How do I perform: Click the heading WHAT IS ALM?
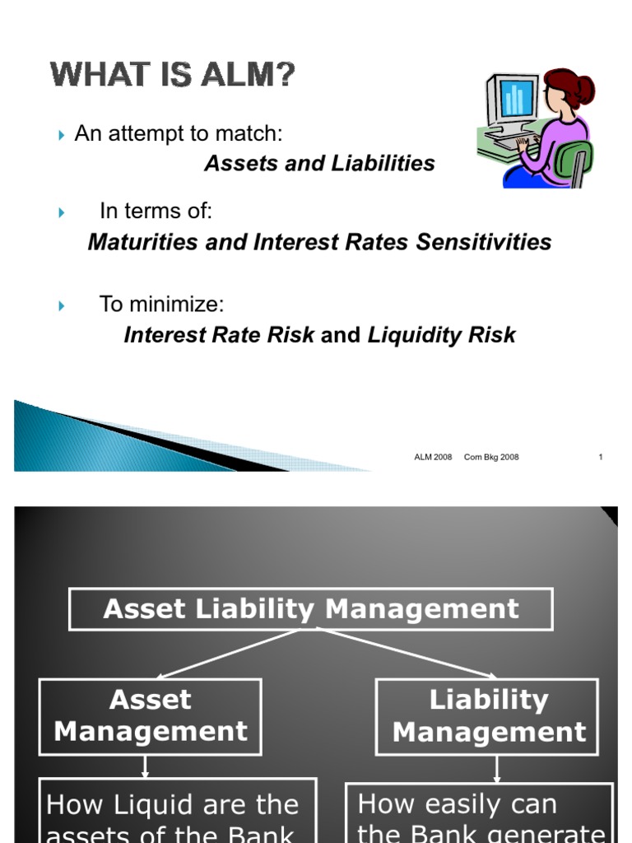coord(173,77)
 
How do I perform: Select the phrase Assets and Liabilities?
coord(319,163)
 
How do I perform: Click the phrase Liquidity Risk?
coord(441,335)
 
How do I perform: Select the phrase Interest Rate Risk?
coord(219,335)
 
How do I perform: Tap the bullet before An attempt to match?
coord(63,135)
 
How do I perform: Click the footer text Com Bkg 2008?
coord(491,458)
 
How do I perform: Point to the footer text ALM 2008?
coord(433,458)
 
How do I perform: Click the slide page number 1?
coord(601,458)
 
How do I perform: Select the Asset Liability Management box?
coord(310,609)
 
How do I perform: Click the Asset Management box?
coord(150,716)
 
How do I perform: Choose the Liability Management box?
coord(487,716)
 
